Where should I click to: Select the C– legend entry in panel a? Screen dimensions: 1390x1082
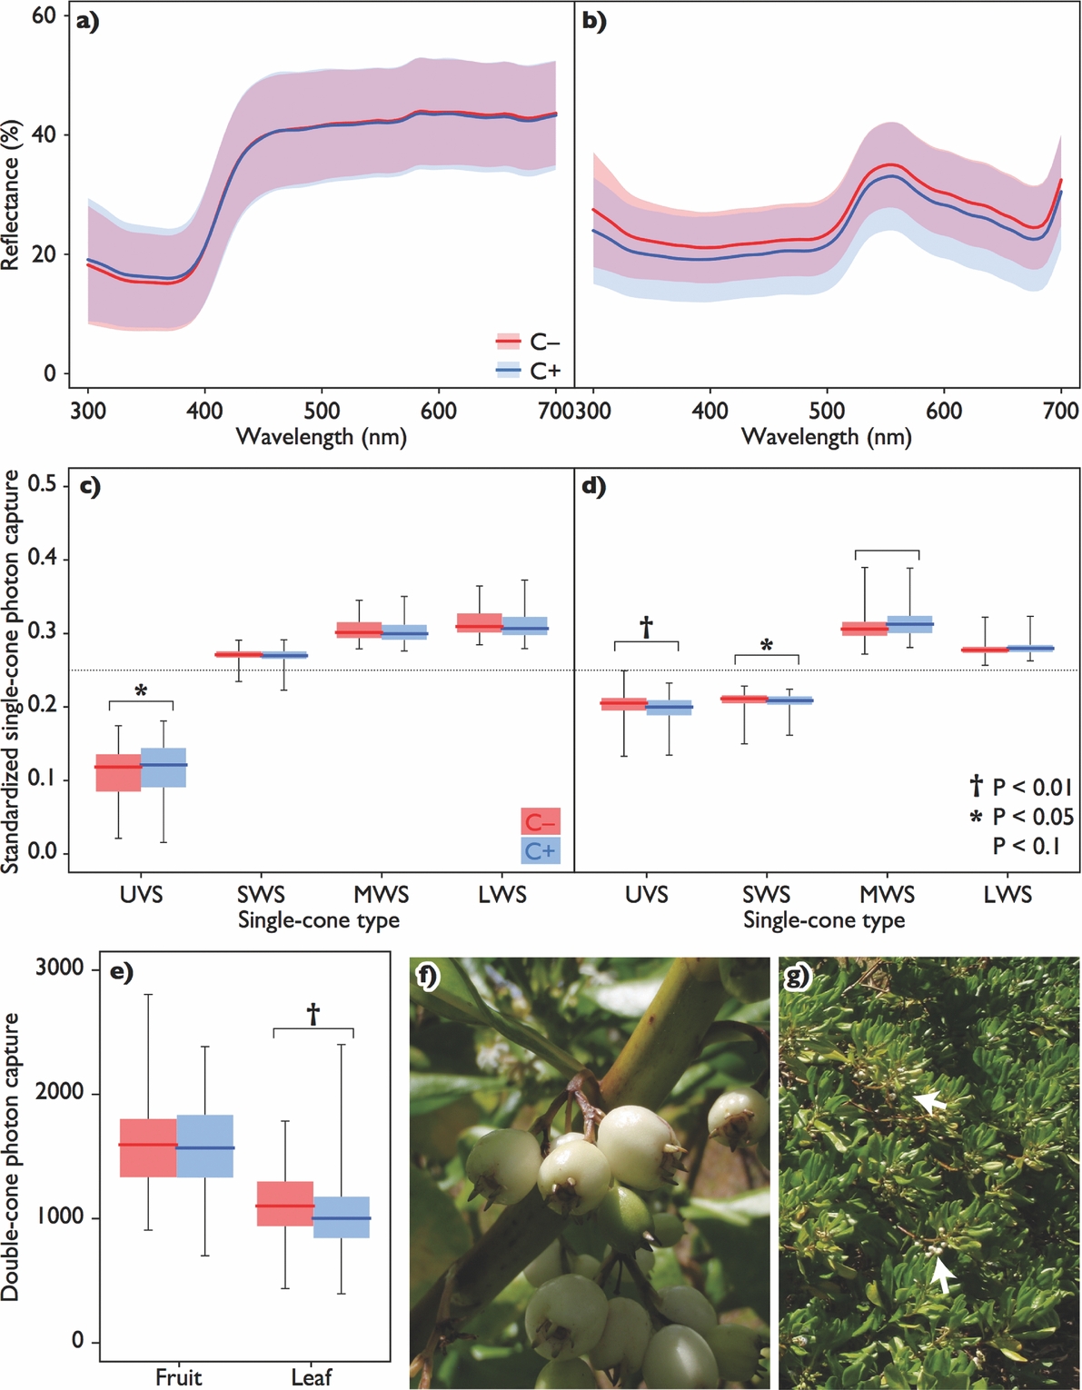click(528, 343)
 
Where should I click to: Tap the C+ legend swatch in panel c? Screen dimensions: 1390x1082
click(540, 851)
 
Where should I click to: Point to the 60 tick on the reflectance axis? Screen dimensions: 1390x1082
click(43, 15)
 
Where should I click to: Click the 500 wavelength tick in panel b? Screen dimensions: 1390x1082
click(827, 411)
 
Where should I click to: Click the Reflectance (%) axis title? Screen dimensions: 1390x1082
click(11, 194)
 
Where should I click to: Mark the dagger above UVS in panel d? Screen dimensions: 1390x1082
click(646, 627)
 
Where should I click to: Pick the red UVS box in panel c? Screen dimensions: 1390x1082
click(118, 772)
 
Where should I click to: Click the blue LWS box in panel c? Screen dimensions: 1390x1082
click(525, 626)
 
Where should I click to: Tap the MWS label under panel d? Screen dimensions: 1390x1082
click(887, 895)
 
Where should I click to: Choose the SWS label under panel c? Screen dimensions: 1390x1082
click(261, 895)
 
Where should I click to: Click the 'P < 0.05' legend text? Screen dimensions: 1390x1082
click(1032, 817)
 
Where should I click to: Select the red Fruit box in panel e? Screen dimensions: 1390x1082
click(147, 1147)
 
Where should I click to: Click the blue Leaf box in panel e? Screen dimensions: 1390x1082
click(342, 1217)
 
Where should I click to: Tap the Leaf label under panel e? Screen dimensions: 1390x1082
click(312, 1377)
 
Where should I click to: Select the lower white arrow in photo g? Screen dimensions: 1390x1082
click(943, 1274)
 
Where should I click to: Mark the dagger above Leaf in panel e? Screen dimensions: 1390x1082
click(313, 1014)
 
